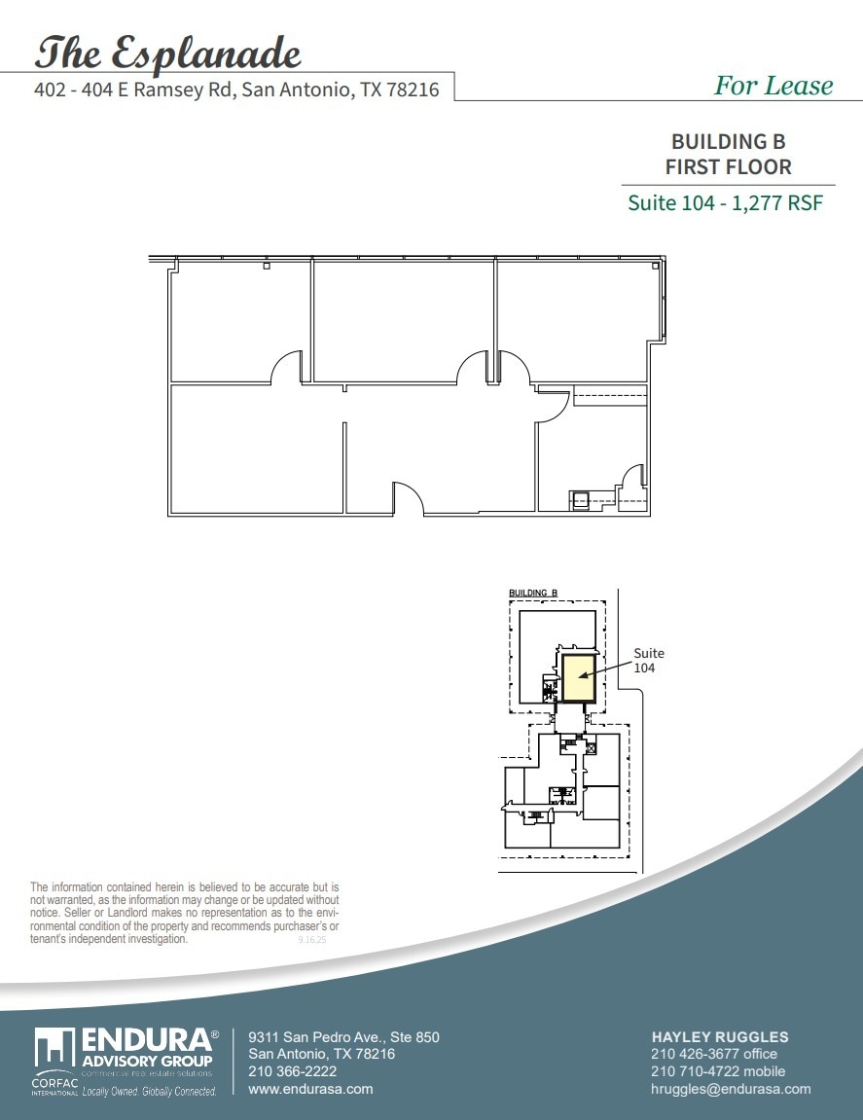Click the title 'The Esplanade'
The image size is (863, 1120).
[167, 53]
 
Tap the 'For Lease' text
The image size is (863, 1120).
[773, 86]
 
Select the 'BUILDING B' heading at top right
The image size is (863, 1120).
[728, 142]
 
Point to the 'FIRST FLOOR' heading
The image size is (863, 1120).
[728, 166]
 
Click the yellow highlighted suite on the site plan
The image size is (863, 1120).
[579, 677]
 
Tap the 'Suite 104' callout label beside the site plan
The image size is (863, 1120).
[649, 661]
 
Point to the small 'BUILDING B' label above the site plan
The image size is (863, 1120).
[533, 592]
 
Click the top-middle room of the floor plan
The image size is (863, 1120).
[403, 321]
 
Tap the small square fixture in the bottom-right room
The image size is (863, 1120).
[579, 501]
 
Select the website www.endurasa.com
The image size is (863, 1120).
[310, 1089]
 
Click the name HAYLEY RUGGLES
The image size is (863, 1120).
[719, 1037]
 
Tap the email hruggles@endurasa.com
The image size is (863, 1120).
[730, 1089]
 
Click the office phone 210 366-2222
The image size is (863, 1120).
[293, 1071]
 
